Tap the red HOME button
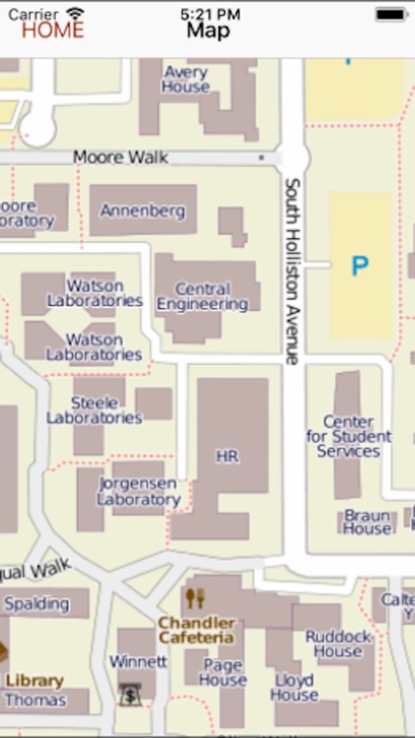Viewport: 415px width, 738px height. pyautogui.click(x=53, y=30)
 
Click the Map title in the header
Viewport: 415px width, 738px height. pyautogui.click(x=208, y=31)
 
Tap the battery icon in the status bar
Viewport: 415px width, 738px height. pyautogui.click(x=390, y=14)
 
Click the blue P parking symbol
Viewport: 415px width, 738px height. pyautogui.click(x=360, y=266)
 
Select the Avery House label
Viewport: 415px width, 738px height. pyautogui.click(x=186, y=80)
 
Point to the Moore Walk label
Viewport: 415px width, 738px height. pyautogui.click(x=121, y=157)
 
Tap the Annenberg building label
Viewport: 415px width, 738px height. pyautogui.click(x=143, y=211)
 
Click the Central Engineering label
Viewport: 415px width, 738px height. pyautogui.click(x=203, y=297)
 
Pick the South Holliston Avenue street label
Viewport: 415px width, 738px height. pyautogui.click(x=291, y=271)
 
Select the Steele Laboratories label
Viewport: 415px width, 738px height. pyautogui.click(x=94, y=410)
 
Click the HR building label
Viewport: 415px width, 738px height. pyautogui.click(x=227, y=457)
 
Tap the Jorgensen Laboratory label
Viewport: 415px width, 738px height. pyautogui.click(x=139, y=492)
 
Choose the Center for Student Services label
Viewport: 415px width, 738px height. pyautogui.click(x=349, y=437)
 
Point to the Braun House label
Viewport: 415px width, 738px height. pyautogui.click(x=367, y=522)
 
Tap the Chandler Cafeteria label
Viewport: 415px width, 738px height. pyautogui.click(x=197, y=630)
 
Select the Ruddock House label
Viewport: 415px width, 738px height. pyautogui.click(x=338, y=644)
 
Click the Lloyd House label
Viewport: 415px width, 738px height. pyautogui.click(x=293, y=688)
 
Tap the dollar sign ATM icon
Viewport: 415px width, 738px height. pyautogui.click(x=129, y=694)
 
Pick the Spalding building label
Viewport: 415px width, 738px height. pyautogui.click(x=37, y=603)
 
